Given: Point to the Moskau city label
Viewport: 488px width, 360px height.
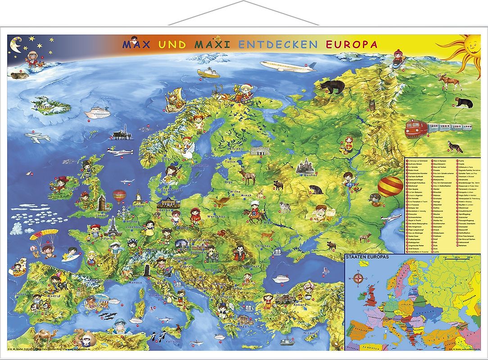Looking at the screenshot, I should (x=310, y=175).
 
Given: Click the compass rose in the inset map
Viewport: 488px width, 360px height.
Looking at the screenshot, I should (x=358, y=277).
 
